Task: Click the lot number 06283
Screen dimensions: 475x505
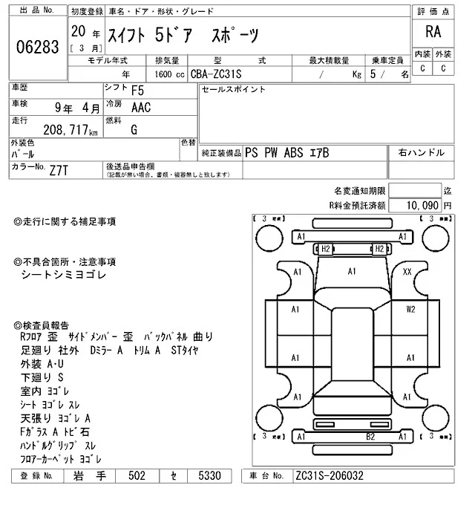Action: click(38, 47)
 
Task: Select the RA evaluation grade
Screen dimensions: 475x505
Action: click(433, 32)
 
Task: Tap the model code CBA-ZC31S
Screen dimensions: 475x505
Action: click(216, 74)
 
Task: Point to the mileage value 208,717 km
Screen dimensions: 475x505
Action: click(71, 130)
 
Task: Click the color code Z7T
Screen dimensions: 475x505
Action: click(59, 170)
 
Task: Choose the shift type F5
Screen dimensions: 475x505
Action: click(137, 91)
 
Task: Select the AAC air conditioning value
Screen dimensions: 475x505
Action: click(141, 108)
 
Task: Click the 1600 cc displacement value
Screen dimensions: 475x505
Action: click(170, 74)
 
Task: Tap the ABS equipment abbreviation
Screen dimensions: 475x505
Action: click(293, 153)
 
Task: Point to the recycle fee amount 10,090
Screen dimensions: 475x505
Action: click(422, 205)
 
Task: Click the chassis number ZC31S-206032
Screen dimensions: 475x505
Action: click(330, 476)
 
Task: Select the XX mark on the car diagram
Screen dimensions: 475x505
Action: click(407, 272)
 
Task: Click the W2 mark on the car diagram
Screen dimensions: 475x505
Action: click(410, 310)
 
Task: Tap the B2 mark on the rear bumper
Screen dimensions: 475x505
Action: click(370, 437)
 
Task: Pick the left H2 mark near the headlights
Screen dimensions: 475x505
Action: click(326, 249)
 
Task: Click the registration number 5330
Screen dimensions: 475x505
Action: click(209, 476)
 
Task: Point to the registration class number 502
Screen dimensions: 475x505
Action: click(137, 476)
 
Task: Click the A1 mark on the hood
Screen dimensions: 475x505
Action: click(352, 272)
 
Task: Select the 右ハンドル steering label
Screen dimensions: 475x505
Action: click(422, 152)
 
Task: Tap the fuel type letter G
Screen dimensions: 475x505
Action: click(134, 130)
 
